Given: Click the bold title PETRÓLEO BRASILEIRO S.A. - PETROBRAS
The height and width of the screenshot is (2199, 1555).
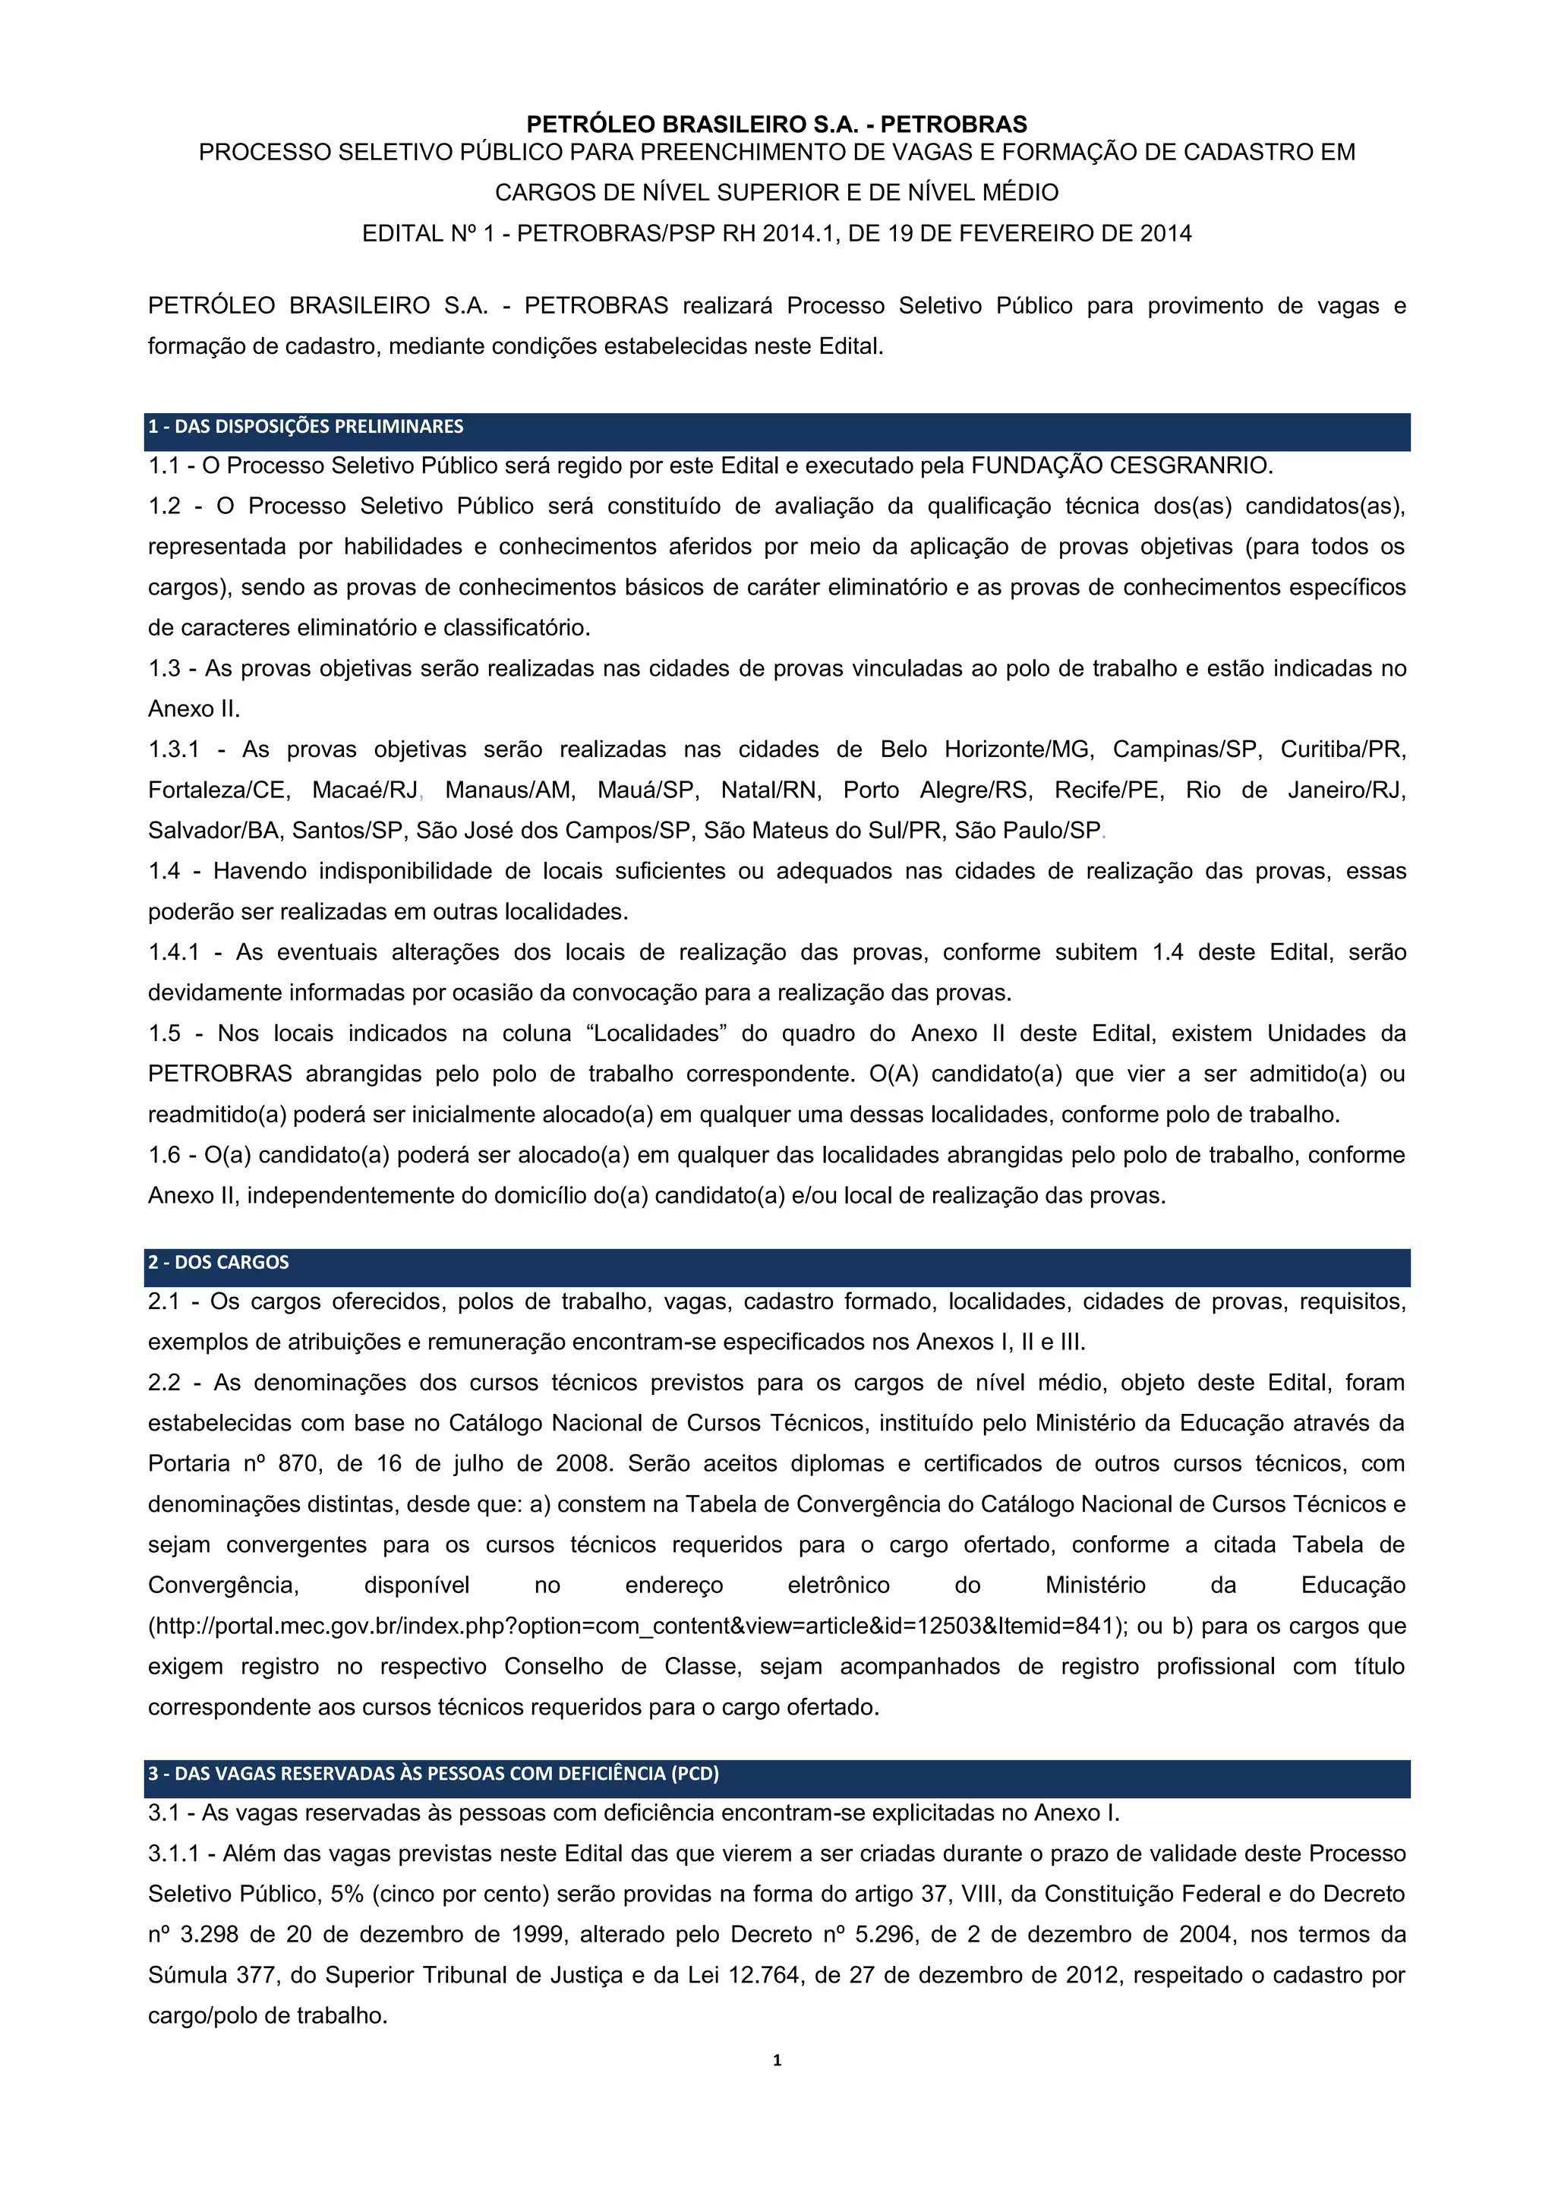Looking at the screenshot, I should (x=777, y=125).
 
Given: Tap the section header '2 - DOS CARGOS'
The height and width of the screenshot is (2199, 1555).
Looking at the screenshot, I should (x=219, y=1262).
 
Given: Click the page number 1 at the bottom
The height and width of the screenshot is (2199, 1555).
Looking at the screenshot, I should (x=777, y=2059).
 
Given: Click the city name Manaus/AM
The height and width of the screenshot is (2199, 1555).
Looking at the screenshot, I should (x=509, y=790).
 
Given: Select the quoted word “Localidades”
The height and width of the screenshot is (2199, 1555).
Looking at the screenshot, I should (x=668, y=1033).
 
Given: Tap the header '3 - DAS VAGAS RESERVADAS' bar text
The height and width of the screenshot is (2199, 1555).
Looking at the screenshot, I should (x=433, y=1773).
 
